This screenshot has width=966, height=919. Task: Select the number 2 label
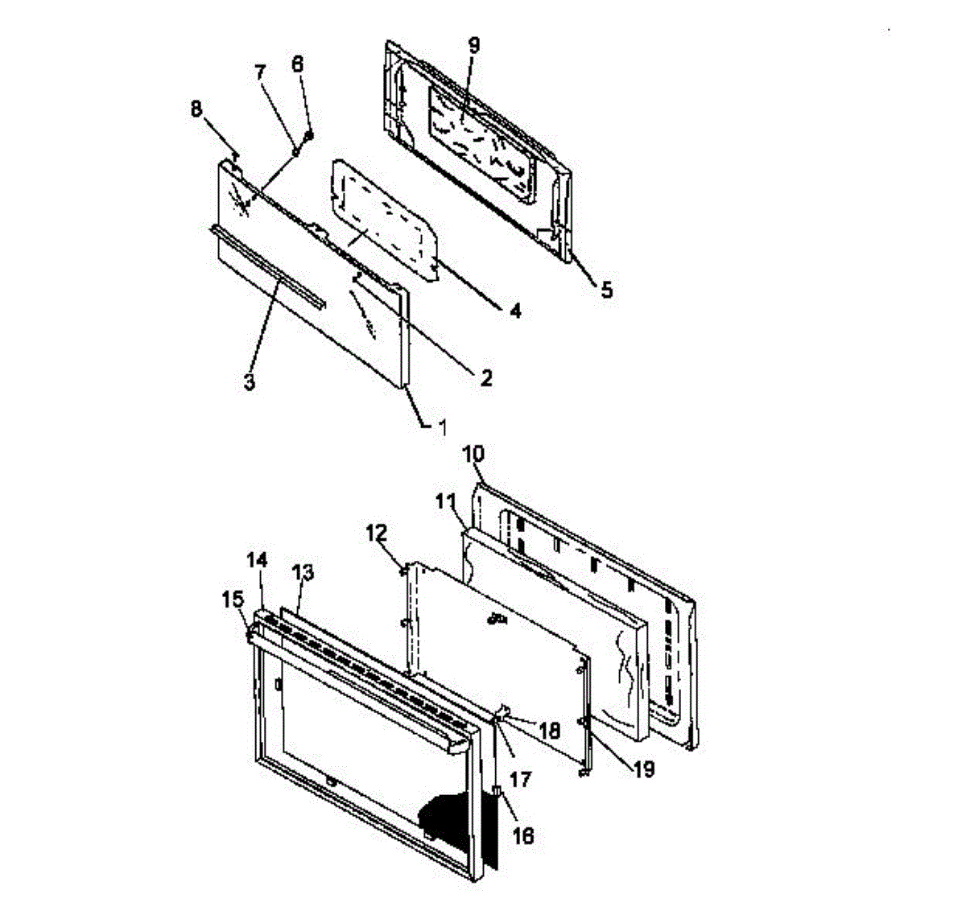(485, 377)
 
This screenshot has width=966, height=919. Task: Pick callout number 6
(298, 65)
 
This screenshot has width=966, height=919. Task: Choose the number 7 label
(259, 72)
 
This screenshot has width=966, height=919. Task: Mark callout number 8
(197, 109)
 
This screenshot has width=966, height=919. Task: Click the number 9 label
(473, 46)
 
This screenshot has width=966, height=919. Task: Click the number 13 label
(303, 573)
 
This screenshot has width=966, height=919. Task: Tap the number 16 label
(522, 836)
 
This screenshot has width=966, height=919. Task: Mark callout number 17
(522, 779)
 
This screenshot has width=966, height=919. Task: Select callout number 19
(642, 769)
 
